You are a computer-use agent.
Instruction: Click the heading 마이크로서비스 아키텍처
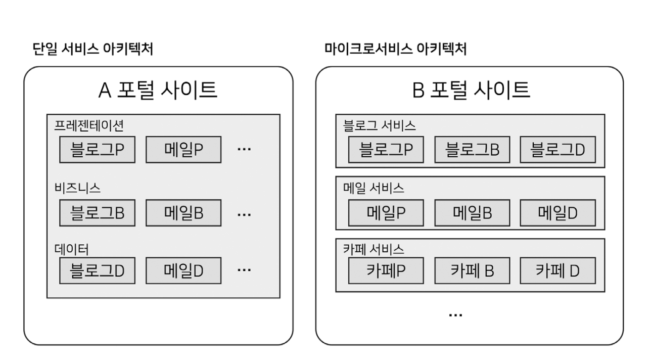pyautogui.click(x=395, y=49)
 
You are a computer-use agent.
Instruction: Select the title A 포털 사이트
pyautogui.click(x=158, y=91)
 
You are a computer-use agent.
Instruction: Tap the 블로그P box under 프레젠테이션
pyautogui.click(x=98, y=150)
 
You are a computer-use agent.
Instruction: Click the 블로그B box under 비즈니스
pyautogui.click(x=98, y=213)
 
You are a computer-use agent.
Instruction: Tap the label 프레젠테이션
pyautogui.click(x=85, y=125)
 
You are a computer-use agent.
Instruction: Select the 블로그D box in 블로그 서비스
pyautogui.click(x=557, y=149)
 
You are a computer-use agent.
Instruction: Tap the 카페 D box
pyautogui.click(x=557, y=271)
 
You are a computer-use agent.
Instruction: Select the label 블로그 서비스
pyautogui.click(x=379, y=125)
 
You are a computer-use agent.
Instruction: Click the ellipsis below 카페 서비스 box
pyautogui.click(x=455, y=315)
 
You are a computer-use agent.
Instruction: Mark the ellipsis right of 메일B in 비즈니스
pyautogui.click(x=244, y=214)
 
